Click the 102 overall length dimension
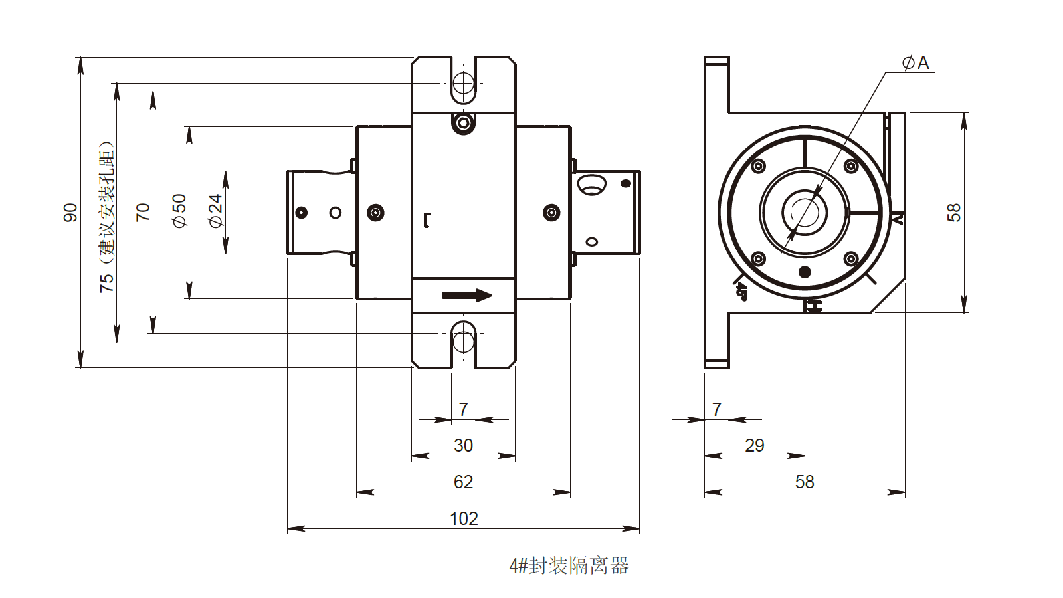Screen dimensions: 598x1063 [463, 518]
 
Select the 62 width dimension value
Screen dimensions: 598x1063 [463, 482]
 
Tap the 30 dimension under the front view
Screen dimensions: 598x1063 [463, 445]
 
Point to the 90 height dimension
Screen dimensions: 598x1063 [70, 213]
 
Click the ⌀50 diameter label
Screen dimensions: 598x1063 [179, 211]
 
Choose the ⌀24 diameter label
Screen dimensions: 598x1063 [215, 211]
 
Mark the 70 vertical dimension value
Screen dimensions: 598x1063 [143, 213]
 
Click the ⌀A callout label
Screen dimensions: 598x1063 [916, 63]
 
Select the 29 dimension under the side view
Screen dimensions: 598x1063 [754, 445]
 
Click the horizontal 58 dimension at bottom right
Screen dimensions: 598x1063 [804, 482]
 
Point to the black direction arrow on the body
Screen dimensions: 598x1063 [467, 296]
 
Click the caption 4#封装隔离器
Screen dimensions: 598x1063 [569, 566]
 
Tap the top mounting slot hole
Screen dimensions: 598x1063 [463, 84]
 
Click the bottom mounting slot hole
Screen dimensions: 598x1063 [463, 342]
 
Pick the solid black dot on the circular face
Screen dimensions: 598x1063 [805, 272]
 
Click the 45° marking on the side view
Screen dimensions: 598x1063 [741, 291]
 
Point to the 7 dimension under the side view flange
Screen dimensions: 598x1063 [716, 409]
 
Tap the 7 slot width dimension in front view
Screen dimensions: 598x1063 [463, 409]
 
